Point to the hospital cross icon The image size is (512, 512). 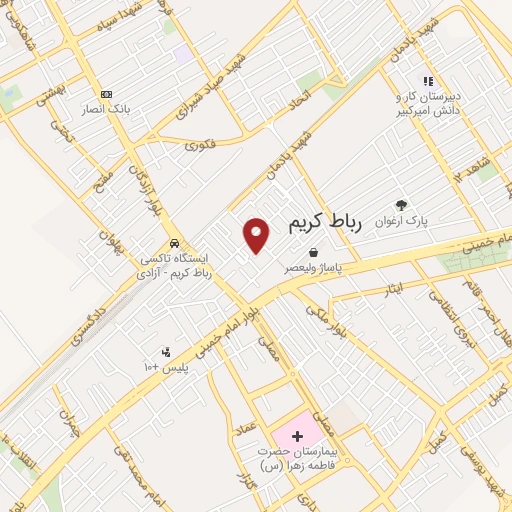(297, 436)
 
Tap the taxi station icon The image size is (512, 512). (175, 242)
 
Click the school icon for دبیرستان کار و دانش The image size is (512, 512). (427, 81)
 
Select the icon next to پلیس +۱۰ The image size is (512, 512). (166, 351)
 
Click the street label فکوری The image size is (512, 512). (200, 143)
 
